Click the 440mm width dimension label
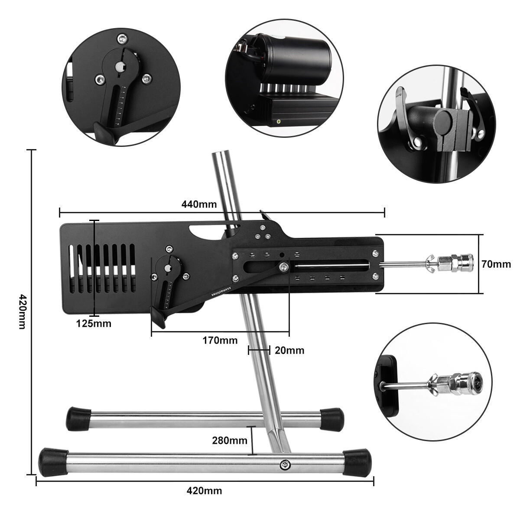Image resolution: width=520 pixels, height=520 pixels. click(200, 204)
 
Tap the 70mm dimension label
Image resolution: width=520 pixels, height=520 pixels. click(496, 263)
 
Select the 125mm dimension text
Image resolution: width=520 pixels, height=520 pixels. click(94, 323)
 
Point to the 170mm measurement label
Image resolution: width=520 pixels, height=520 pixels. click(220, 340)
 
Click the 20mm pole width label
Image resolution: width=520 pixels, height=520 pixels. click(289, 350)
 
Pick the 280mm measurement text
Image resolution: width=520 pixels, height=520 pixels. click(230, 441)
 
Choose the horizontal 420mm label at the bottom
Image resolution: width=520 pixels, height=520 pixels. click(204, 491)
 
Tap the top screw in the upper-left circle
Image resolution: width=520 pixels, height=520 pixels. click(122, 39)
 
